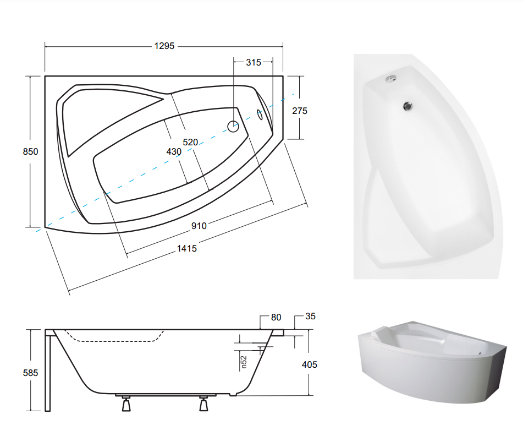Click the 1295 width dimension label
tap(164, 46)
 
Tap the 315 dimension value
tap(254, 62)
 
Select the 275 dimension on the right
tap(300, 111)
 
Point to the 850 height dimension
tap(30, 151)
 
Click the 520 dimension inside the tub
tap(190, 142)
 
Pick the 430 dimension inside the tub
tap(174, 151)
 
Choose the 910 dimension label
tap(199, 226)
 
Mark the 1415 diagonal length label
tap(187, 248)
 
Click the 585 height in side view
tap(30, 373)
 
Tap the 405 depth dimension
tap(309, 364)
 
